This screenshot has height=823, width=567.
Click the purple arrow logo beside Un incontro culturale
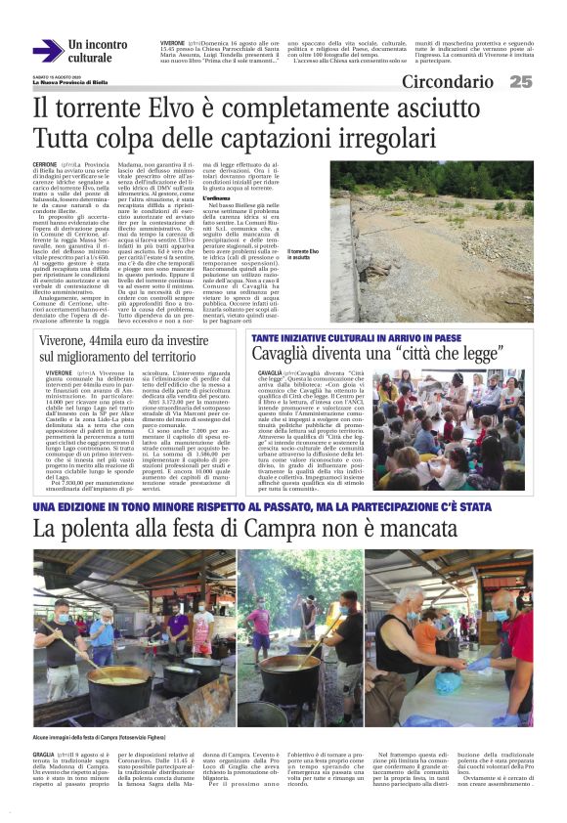(48, 51)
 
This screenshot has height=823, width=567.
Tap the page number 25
(520, 82)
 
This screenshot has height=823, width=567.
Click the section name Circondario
(447, 82)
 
